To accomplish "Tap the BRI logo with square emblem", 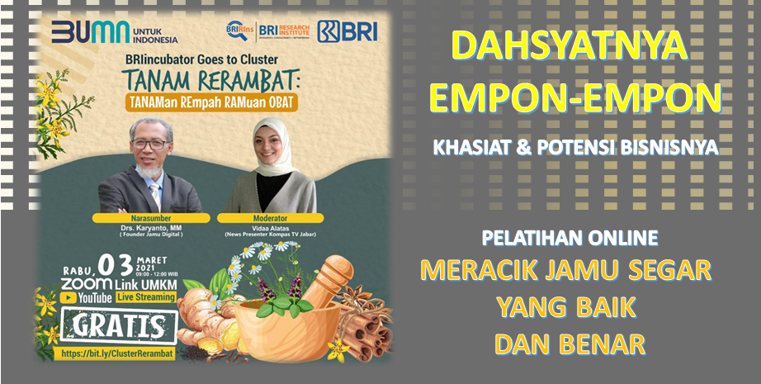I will [x=348, y=31].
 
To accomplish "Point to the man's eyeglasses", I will [x=150, y=144].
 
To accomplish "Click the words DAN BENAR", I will [x=570, y=343].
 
